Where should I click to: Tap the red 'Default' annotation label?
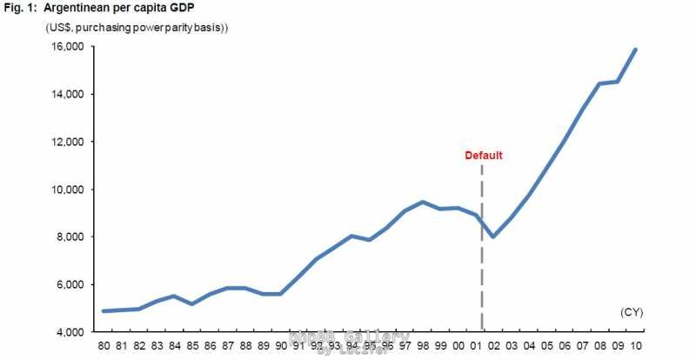coord(483,156)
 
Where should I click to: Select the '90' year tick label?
coord(280,346)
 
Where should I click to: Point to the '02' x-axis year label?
coord(492,346)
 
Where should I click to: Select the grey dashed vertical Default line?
coord(482,252)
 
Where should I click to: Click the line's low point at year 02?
coord(492,237)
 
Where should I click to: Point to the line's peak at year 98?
coord(422,202)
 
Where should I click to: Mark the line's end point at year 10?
coord(635,50)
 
